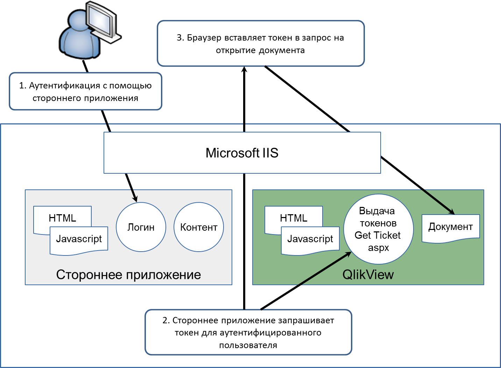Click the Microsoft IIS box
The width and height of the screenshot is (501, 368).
(x=242, y=153)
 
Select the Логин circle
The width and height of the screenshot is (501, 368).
(x=141, y=227)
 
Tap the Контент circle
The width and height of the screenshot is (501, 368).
(x=199, y=227)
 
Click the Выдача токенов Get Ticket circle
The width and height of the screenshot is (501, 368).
(x=378, y=229)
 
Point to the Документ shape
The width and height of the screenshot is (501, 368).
(x=451, y=228)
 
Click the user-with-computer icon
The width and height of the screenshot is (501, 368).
(x=89, y=30)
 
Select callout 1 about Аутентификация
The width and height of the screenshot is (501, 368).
(x=85, y=92)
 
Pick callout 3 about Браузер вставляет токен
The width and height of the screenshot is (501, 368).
(x=261, y=44)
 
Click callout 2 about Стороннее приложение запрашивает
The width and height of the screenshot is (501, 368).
(x=248, y=332)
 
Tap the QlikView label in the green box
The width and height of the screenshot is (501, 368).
(x=368, y=275)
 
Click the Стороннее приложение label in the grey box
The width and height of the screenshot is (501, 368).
(x=128, y=275)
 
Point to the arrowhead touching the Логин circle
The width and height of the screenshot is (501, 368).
(x=135, y=199)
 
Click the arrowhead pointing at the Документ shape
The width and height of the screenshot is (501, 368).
(x=451, y=211)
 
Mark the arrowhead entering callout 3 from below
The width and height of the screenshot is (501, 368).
(x=244, y=70)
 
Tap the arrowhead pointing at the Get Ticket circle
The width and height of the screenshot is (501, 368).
(x=348, y=254)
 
